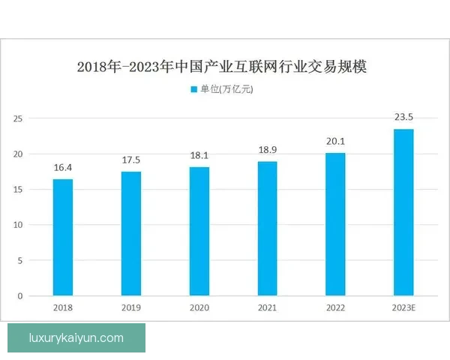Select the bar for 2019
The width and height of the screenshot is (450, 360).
coord(130,233)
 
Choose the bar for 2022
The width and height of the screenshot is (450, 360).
coord(335,224)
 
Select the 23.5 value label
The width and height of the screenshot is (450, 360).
coord(403,118)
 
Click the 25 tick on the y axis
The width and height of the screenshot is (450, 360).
coord(19,118)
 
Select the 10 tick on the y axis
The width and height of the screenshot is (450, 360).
coord(19,225)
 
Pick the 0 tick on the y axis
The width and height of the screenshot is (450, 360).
coord(22,295)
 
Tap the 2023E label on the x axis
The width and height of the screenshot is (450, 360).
coord(403,307)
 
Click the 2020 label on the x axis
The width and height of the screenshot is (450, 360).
coord(199,307)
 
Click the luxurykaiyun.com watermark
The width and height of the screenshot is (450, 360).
coord(76,338)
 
